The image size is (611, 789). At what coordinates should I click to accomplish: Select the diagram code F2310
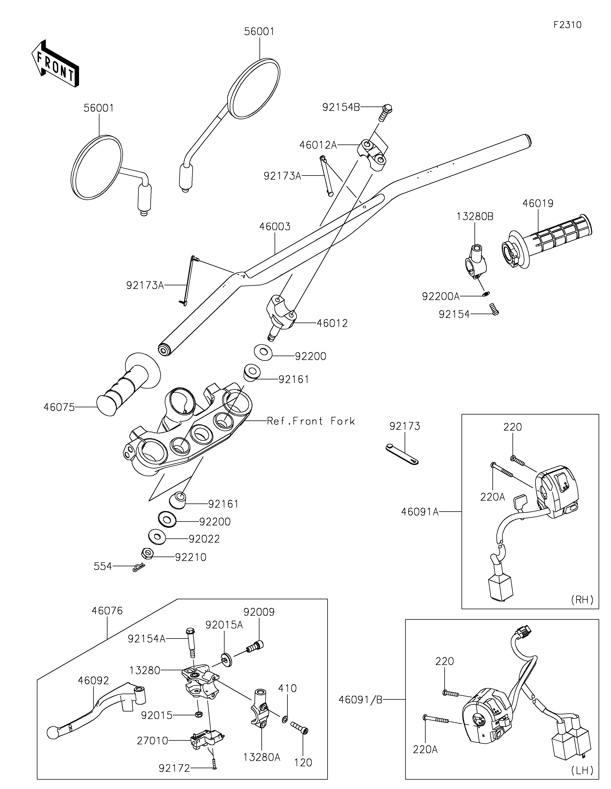567,25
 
